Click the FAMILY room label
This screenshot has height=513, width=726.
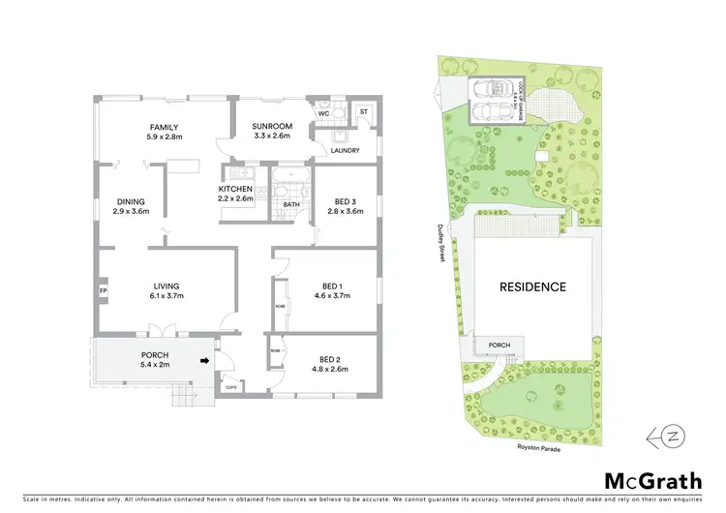point(163,127)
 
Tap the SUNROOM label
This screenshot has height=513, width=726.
point(272,127)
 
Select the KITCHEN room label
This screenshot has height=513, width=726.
point(235,188)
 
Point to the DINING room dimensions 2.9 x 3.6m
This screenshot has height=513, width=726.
point(131,211)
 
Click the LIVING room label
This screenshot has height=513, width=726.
point(166,286)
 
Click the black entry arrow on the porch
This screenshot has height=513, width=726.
point(203,360)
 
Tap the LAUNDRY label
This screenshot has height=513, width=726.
point(345,150)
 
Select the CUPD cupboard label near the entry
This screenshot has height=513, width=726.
point(230,387)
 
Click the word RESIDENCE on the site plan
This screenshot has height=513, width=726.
point(532,287)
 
